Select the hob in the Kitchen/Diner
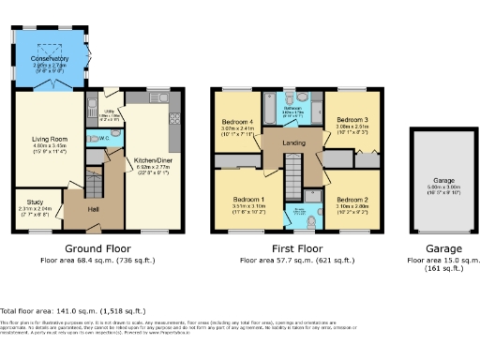[174, 120]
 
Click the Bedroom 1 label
[235, 199]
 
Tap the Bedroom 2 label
[352, 200]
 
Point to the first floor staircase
[292, 173]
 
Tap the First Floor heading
[294, 248]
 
